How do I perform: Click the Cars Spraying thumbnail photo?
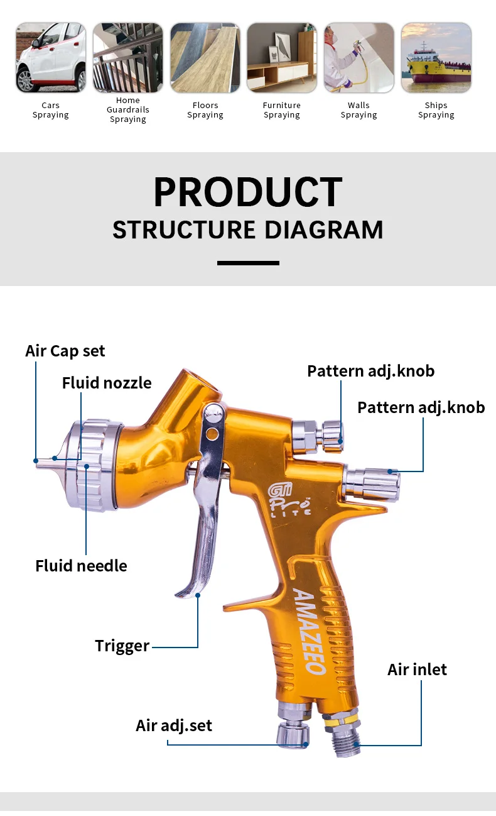(x=51, y=58)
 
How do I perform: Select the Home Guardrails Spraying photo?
(x=128, y=58)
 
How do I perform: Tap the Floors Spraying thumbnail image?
(x=205, y=58)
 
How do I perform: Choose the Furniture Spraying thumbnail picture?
(x=282, y=58)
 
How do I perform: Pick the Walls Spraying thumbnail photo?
(x=359, y=58)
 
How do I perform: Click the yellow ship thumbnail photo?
(x=436, y=58)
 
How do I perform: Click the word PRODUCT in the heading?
(x=248, y=192)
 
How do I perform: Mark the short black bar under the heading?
(x=248, y=263)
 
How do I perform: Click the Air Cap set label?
(x=65, y=351)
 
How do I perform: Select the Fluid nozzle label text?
(x=107, y=383)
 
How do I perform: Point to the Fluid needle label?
(x=81, y=566)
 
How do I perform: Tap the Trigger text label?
(x=122, y=646)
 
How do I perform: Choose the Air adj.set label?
(x=174, y=725)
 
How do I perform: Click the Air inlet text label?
(x=417, y=669)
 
